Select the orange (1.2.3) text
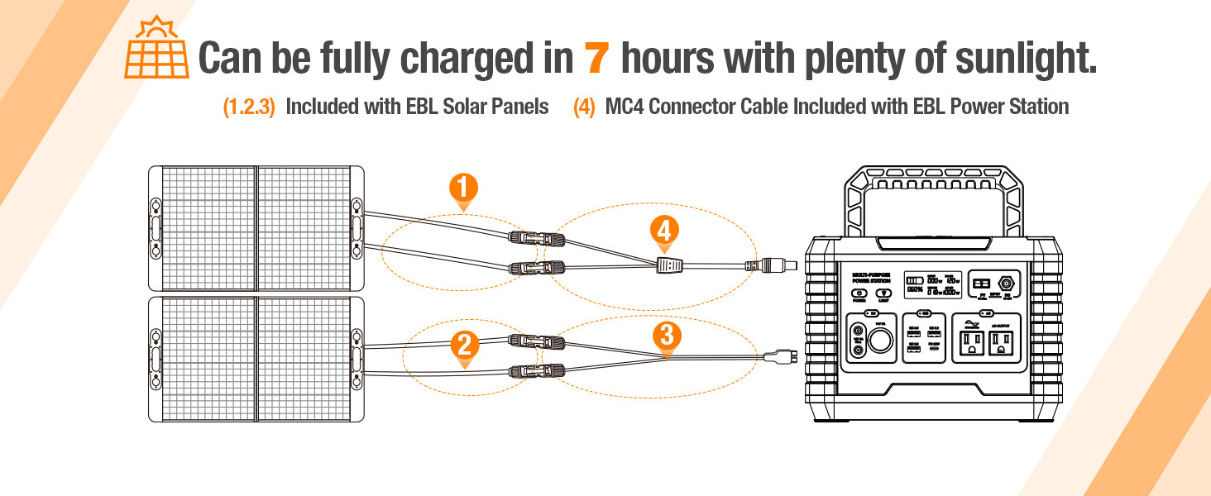(249, 107)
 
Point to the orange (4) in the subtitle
(584, 107)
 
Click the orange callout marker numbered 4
(664, 231)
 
